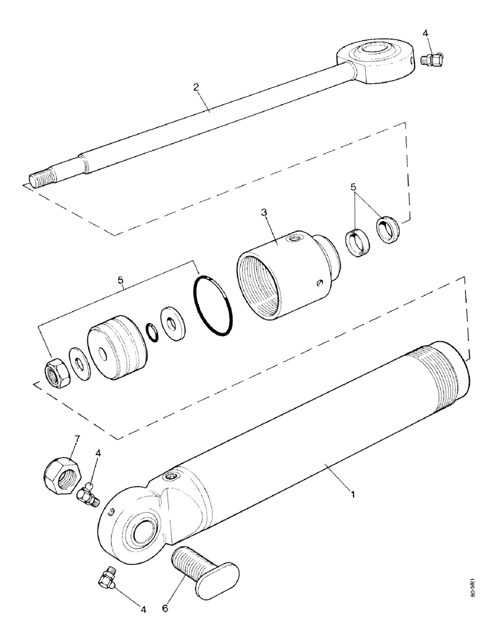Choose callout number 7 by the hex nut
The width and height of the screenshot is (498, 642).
[76, 439]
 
